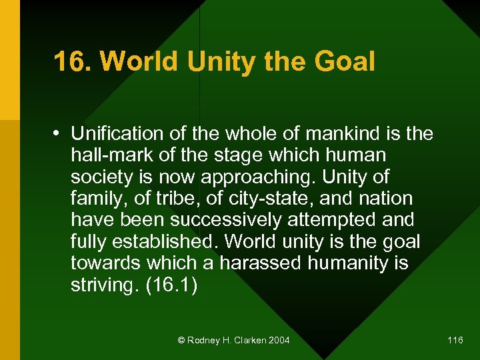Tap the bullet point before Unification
pyautogui.click(x=60, y=134)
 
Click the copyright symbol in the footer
pyautogui.click(x=181, y=341)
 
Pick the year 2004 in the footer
pyautogui.click(x=278, y=341)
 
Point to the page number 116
pyautogui.click(x=455, y=341)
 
